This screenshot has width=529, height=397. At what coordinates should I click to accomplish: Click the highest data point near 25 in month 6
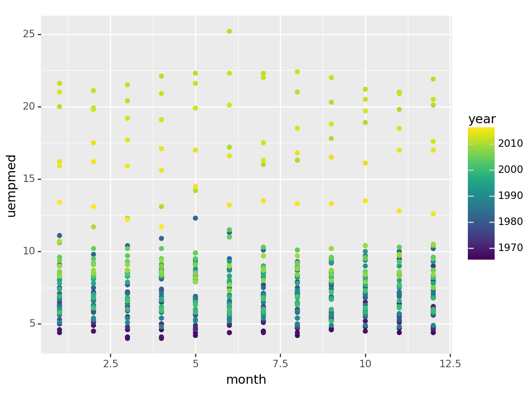pos(229,31)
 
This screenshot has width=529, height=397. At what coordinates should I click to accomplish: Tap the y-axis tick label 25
pos(29,34)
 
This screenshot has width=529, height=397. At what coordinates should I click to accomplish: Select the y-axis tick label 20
pos(29,107)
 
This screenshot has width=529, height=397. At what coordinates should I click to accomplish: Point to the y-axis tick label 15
pos(29,179)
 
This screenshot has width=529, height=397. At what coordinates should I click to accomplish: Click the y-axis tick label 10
pos(29,251)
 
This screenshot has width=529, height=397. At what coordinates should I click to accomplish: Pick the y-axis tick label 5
pos(31,324)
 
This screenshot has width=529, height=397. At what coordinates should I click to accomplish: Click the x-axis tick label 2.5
pos(110,364)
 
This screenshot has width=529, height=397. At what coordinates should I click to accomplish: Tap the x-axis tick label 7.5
pos(280,364)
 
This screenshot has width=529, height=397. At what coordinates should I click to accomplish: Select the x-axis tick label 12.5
pos(450,364)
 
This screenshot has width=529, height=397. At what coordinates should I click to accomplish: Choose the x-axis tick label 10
pos(365,364)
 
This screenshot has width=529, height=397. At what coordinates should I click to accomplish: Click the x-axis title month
pos(246,380)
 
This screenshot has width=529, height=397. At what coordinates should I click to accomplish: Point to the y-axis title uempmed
pos(12,186)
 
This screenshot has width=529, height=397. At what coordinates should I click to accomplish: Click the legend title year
pos(482,120)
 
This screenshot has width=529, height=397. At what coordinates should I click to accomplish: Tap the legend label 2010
pos(510,143)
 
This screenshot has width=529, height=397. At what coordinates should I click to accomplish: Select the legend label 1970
pos(510,248)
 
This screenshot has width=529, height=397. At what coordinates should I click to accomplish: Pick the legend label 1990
pos(510,196)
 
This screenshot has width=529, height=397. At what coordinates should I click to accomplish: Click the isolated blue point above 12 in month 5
pos(195,218)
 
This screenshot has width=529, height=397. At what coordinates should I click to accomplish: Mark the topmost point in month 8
pos(297,72)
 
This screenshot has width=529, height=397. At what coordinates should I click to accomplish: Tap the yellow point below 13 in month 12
pos(433,214)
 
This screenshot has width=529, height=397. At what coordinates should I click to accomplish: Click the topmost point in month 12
pos(433,79)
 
